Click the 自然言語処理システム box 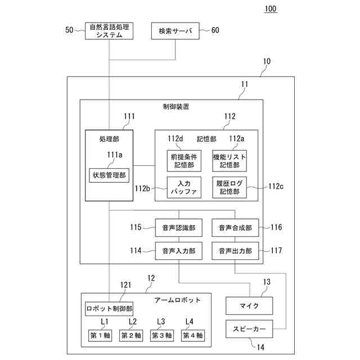[x=109, y=31]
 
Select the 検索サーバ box [x=175, y=31]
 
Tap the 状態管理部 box [x=109, y=175]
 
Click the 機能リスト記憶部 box [x=229, y=160]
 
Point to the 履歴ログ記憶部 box [x=229, y=187]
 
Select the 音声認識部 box [x=179, y=228]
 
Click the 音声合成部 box [x=235, y=228]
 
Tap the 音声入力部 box [x=179, y=250]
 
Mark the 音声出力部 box [x=235, y=250]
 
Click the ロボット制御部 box [x=109, y=308]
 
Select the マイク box [x=249, y=305]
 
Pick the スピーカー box [x=249, y=328]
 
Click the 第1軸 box [x=101, y=335]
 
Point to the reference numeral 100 [x=270, y=9]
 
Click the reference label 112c [x=276, y=186]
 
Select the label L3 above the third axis [x=161, y=322]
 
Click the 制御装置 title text [x=175, y=106]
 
